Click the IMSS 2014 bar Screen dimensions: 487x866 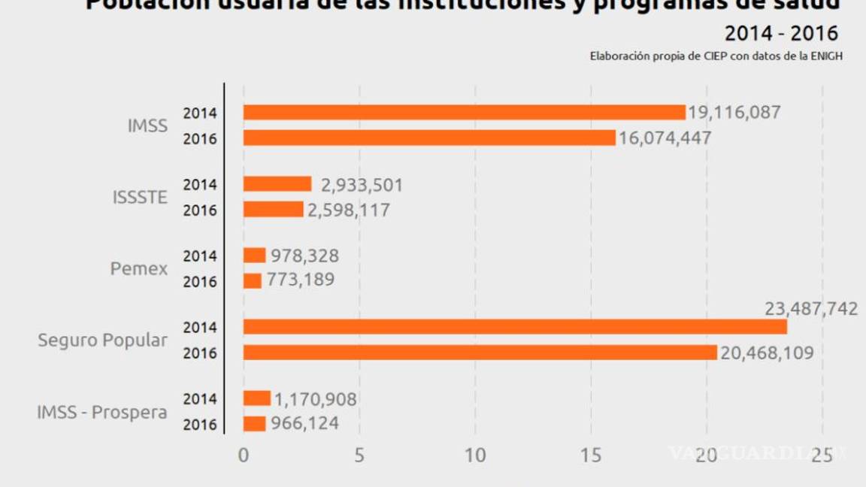click(x=464, y=113)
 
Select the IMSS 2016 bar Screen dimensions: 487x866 click(x=429, y=138)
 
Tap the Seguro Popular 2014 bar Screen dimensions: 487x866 click(x=515, y=327)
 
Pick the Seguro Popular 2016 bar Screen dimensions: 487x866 click(x=480, y=352)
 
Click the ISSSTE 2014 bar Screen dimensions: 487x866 click(x=277, y=184)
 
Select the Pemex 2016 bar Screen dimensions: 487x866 click(x=253, y=281)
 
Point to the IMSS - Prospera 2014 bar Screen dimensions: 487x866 click(x=256, y=398)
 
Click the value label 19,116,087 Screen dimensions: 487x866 click(x=734, y=113)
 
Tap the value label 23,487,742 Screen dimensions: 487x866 click(x=811, y=309)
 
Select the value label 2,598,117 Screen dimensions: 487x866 click(x=349, y=210)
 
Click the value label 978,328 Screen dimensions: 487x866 click(x=304, y=256)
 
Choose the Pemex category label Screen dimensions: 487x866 click(x=139, y=268)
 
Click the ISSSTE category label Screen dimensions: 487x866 click(x=140, y=198)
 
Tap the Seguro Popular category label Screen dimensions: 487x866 click(x=103, y=340)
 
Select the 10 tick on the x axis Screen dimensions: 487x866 click(x=475, y=455)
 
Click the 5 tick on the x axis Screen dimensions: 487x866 click(x=359, y=455)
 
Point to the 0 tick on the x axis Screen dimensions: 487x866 click(x=243, y=455)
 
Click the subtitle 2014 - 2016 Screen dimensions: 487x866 click(x=781, y=34)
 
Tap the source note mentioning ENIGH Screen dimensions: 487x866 click(x=716, y=56)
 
